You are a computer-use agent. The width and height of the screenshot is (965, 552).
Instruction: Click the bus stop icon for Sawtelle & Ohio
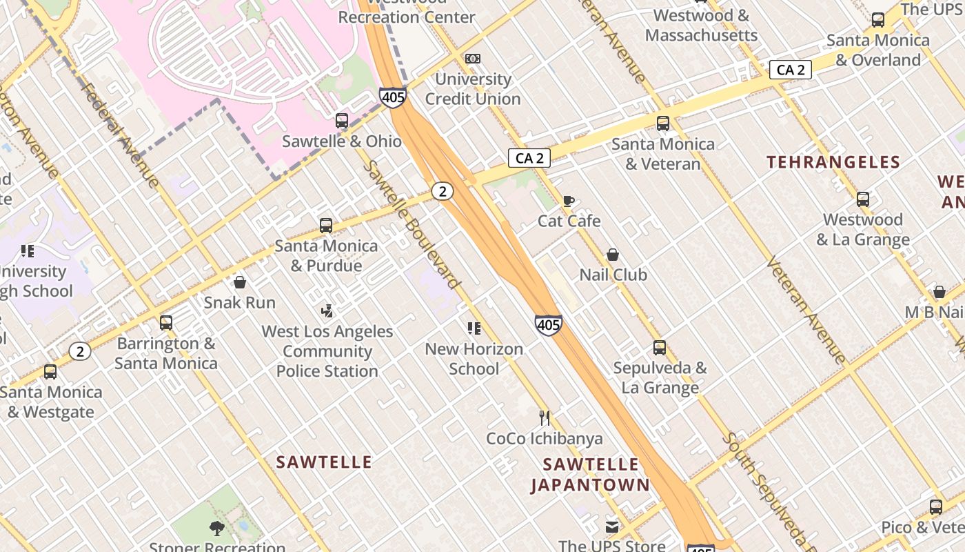[342, 121]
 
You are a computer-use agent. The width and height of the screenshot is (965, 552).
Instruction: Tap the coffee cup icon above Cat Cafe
[568, 201]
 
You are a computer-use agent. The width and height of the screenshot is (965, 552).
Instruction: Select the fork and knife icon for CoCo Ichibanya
[544, 417]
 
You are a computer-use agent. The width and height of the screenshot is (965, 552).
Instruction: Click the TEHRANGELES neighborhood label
[833, 162]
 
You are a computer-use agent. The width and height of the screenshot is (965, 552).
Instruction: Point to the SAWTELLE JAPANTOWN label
[590, 475]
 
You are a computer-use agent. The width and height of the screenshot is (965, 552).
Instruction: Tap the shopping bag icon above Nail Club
[612, 255]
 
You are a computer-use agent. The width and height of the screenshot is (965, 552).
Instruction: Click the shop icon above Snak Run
[240, 282]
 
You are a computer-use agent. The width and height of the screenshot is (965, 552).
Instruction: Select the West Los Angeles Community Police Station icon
[327, 311]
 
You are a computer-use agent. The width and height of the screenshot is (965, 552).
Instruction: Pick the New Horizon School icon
[474, 328]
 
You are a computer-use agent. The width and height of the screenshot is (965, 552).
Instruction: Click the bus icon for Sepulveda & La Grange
[660, 348]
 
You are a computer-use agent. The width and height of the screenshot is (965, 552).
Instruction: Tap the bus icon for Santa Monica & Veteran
[663, 124]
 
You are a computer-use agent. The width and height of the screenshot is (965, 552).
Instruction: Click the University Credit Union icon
[473, 59]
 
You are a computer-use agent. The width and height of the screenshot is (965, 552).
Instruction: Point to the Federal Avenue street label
[121, 135]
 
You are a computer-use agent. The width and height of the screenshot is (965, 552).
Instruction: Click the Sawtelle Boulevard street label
[411, 224]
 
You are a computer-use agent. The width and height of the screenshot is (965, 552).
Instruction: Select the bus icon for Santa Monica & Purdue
[326, 226]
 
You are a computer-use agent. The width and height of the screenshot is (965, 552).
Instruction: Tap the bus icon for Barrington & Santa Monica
[166, 322]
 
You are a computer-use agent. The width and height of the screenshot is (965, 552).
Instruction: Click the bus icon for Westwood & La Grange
[863, 199]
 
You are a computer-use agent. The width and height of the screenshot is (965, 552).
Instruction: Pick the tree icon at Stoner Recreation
[217, 529]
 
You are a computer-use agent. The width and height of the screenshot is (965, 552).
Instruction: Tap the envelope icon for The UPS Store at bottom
[612, 527]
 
